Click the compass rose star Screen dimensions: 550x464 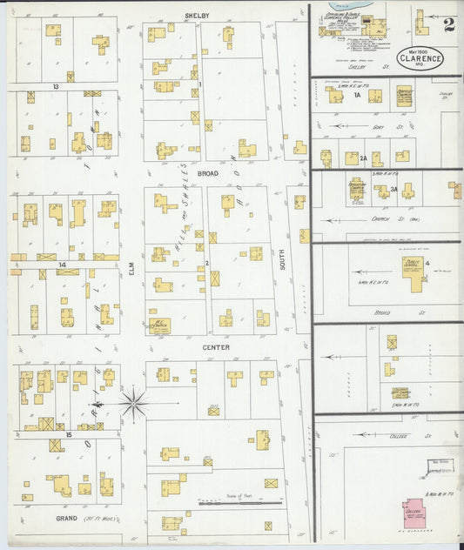point(133,403)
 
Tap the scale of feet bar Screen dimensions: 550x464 point(240,503)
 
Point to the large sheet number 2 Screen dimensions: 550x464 point(448,24)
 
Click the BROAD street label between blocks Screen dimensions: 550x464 point(207,173)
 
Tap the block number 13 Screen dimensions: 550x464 point(55,87)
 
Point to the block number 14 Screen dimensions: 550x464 point(61,264)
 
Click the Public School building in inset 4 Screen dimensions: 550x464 point(414,272)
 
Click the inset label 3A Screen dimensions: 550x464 point(393,189)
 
